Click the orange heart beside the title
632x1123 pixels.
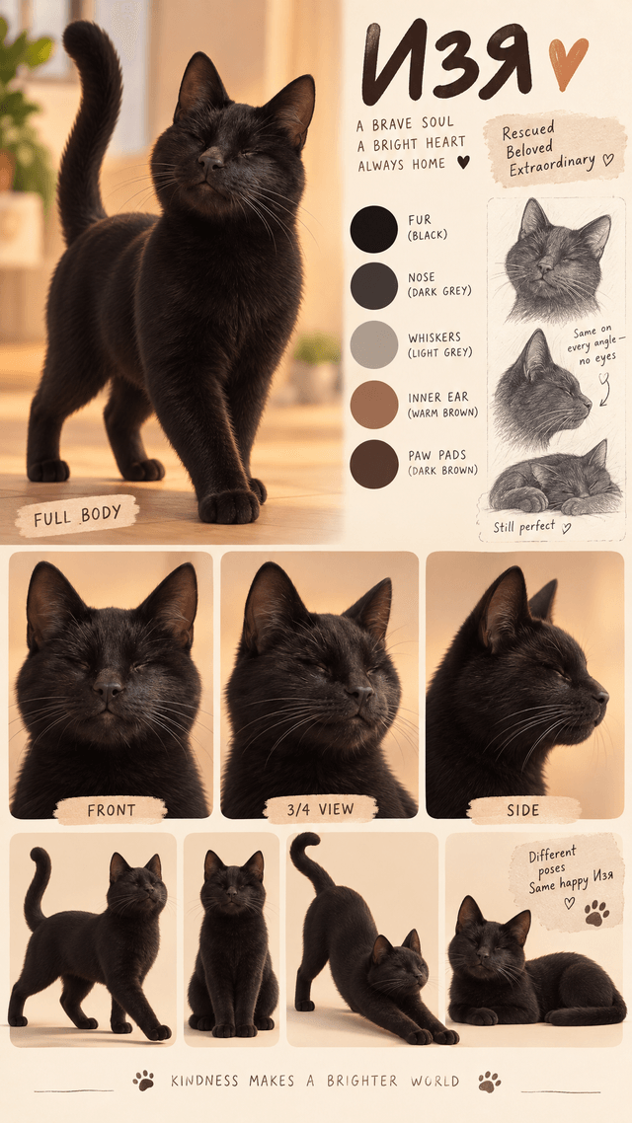click(x=568, y=63)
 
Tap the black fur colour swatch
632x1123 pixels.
click(x=373, y=229)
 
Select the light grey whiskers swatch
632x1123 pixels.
click(x=373, y=344)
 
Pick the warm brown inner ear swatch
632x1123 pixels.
click(x=373, y=405)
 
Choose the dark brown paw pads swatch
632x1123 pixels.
click(x=373, y=464)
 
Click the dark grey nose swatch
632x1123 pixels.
click(x=373, y=286)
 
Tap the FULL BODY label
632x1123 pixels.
click(x=77, y=516)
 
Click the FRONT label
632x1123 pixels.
click(x=111, y=810)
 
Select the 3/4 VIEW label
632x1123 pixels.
click(x=320, y=809)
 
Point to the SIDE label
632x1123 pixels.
click(x=523, y=810)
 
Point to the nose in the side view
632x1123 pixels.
click(x=600, y=696)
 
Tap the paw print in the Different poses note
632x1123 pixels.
click(x=596, y=913)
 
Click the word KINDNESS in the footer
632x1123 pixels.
click(x=203, y=1081)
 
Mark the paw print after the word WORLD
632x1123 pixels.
click(x=490, y=1081)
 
